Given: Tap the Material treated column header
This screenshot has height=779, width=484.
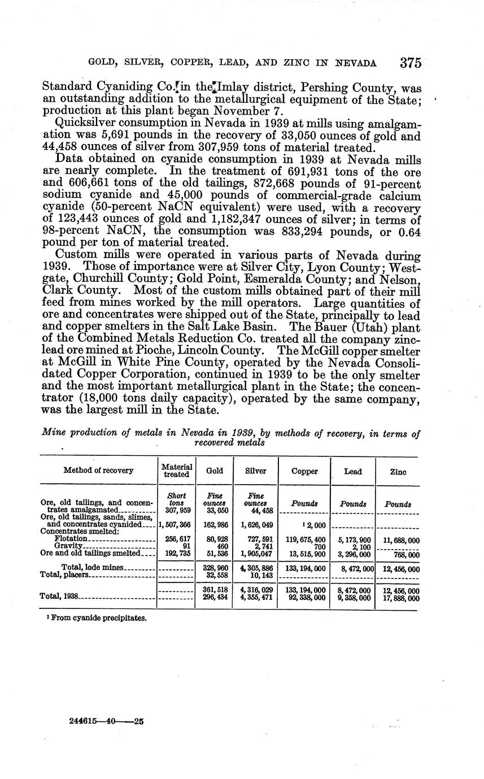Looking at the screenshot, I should coord(177,471).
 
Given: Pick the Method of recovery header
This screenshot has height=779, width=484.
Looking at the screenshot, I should coord(98,471).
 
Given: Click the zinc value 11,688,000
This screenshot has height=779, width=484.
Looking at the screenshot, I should coord(398,540).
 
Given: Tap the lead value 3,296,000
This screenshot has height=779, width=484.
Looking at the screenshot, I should coord(353,555).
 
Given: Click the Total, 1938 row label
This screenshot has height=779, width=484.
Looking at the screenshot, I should coord(60,596).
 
